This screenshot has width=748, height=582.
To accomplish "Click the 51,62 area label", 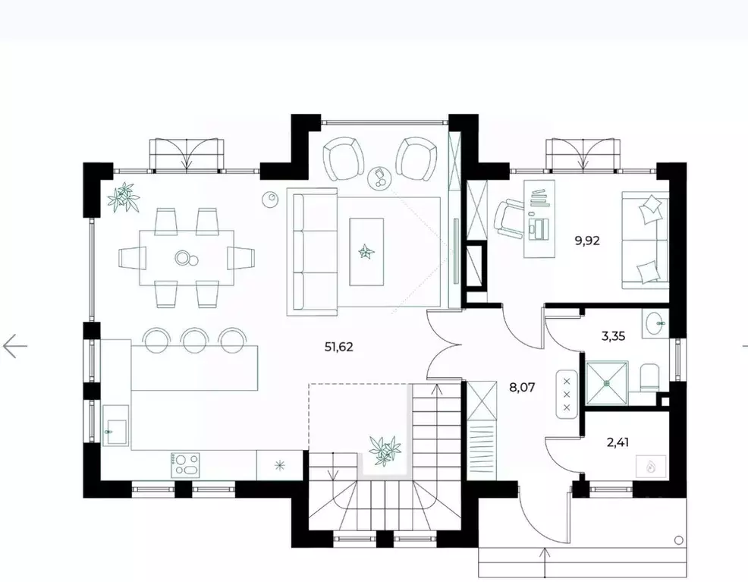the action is click(338, 347).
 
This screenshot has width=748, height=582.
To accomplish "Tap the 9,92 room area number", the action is click(586, 241).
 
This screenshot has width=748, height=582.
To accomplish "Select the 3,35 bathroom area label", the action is click(613, 336).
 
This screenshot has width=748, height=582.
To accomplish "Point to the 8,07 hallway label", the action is click(522, 387).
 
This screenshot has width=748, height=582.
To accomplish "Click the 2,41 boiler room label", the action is click(618, 442).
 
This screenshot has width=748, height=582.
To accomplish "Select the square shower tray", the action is click(607, 382).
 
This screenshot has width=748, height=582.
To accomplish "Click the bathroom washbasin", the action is click(655, 324).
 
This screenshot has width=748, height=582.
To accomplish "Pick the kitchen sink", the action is click(116, 426).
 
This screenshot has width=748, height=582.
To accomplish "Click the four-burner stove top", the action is click(185, 464).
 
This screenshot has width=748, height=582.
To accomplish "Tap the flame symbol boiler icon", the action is click(650, 466).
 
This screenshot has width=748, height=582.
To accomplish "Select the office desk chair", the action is click(509, 219).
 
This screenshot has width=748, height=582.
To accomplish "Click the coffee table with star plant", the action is click(366, 251).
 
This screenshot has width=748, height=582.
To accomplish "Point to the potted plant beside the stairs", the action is click(385, 450).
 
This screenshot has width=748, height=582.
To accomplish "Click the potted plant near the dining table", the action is click(124, 197).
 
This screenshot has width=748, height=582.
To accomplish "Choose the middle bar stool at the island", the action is click(195, 339).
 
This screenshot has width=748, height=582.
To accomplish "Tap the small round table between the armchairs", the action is click(380, 178).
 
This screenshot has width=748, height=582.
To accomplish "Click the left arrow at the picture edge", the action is click(14, 345).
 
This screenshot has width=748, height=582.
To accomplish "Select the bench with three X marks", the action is click(567, 394).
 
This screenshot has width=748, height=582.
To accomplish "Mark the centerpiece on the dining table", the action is click(185, 258).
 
